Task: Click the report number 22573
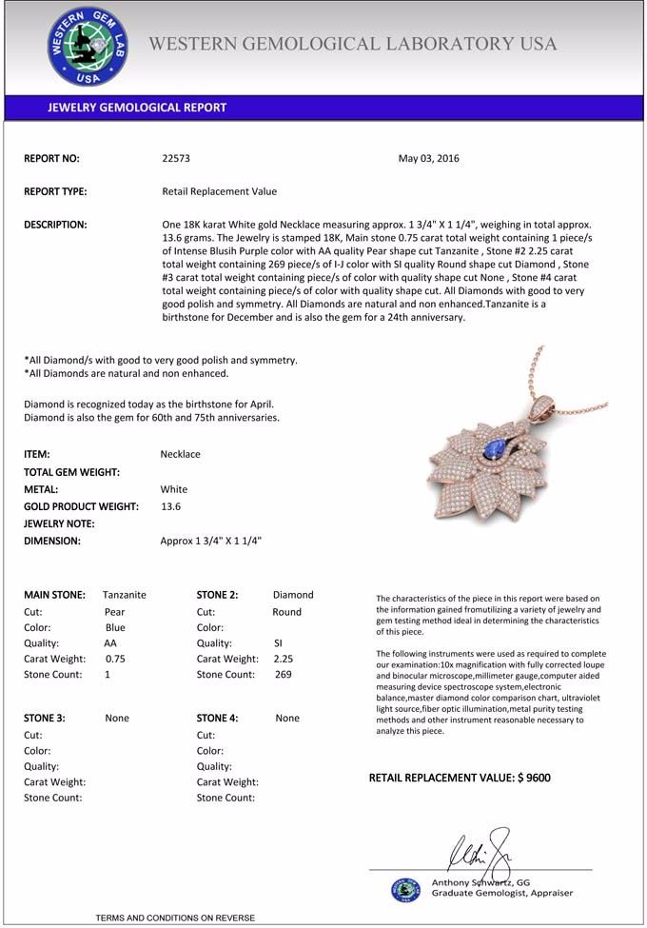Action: click(176, 159)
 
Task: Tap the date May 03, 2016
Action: click(428, 159)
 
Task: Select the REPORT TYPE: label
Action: click(55, 191)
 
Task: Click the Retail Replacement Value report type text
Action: click(220, 191)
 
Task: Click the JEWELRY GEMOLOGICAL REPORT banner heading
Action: click(137, 108)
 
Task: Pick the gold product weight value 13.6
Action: click(171, 506)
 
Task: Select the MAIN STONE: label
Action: click(54, 595)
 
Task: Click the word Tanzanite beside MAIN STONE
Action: click(125, 595)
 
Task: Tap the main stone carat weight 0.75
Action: click(115, 658)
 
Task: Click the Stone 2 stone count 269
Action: click(283, 674)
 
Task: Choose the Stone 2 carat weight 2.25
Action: click(283, 658)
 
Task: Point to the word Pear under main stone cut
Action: click(114, 612)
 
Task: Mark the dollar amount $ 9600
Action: click(534, 778)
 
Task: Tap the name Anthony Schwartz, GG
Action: click(480, 882)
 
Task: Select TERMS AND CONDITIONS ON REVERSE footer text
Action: click(175, 918)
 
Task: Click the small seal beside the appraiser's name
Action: click(405, 889)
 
